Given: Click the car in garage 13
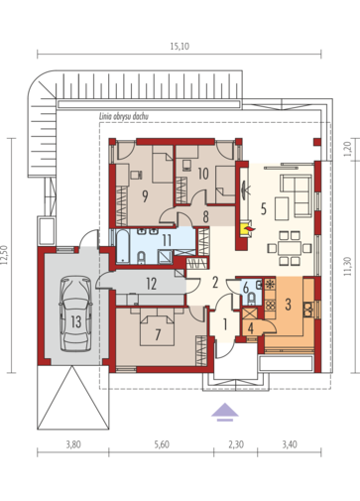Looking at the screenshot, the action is pyautogui.click(x=75, y=313).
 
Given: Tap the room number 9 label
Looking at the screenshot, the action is pyautogui.click(x=145, y=196).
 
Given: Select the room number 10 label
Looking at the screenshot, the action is pyautogui.click(x=203, y=174).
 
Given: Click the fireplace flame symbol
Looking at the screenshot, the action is pyautogui.click(x=249, y=228).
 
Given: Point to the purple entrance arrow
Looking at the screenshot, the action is pyautogui.click(x=225, y=412).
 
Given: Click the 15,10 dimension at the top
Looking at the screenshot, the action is pyautogui.click(x=180, y=47).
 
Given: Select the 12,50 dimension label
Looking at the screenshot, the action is pyautogui.click(x=5, y=255).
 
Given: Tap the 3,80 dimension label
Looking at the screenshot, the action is pyautogui.click(x=73, y=444).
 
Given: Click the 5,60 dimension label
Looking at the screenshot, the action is pyautogui.click(x=162, y=444).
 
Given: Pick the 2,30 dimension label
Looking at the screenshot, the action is pyautogui.click(x=236, y=444).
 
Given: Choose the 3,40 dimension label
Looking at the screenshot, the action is pyautogui.click(x=290, y=444).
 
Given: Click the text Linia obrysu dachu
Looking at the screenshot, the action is pyautogui.click(x=124, y=116).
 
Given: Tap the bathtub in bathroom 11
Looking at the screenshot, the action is pyautogui.click(x=123, y=247).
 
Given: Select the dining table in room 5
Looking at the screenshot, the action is pyautogui.click(x=290, y=248).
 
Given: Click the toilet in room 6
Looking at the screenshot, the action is pyautogui.click(x=252, y=298).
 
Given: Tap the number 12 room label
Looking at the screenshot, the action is pyautogui.click(x=152, y=284).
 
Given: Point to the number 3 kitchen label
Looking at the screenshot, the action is pyautogui.click(x=288, y=305).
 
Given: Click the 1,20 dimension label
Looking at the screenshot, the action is pyautogui.click(x=347, y=149).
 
